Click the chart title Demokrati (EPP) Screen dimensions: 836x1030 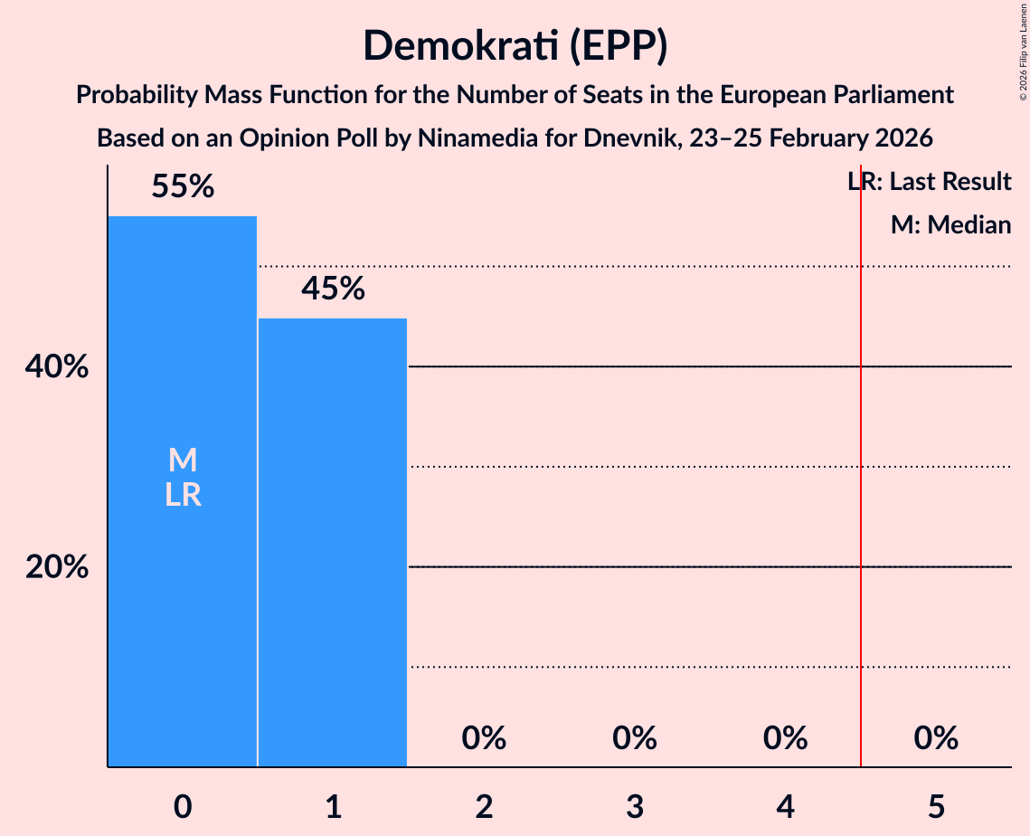[515, 46]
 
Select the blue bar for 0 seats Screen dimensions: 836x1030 [183, 588]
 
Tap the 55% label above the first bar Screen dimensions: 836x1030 [183, 187]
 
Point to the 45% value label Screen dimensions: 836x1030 [333, 289]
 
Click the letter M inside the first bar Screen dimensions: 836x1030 [183, 461]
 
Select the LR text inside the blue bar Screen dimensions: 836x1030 [183, 495]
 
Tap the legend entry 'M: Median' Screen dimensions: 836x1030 [950, 225]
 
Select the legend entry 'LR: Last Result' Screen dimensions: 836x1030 [930, 182]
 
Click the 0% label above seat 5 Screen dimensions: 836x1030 [935, 738]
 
